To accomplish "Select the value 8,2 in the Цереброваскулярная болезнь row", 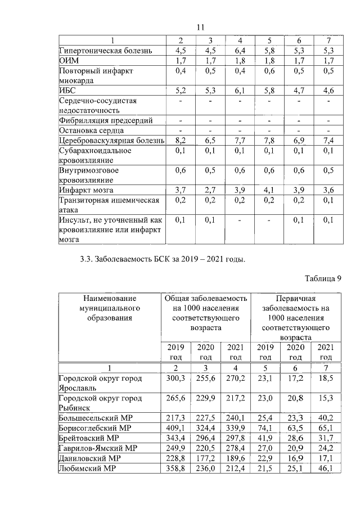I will (x=181, y=139).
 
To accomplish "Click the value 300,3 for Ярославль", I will (x=178, y=379).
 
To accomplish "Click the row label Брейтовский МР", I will (x=89, y=438).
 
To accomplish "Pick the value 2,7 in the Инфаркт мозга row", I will (x=210, y=190).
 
